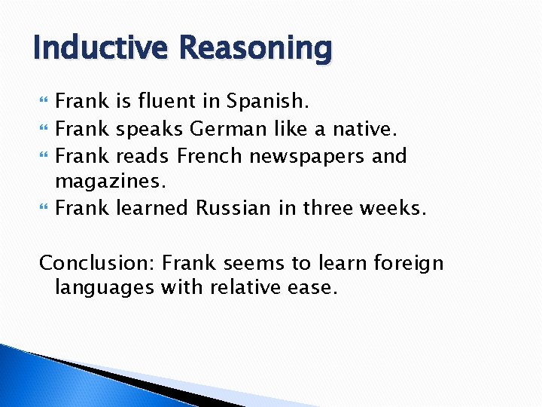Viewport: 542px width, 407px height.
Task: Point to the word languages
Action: tap(103, 288)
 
